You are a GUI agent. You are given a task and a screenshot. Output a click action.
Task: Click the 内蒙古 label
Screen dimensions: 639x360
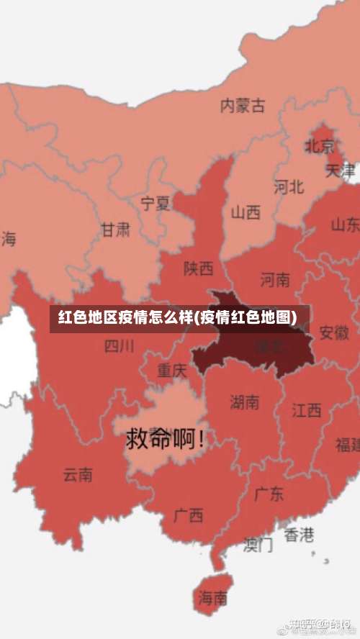click(242, 106)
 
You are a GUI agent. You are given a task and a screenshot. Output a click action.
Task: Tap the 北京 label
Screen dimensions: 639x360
click(319, 146)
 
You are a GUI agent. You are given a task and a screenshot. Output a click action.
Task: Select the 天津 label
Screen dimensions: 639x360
click(340, 171)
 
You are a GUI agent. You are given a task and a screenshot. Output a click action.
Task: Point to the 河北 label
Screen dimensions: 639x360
click(289, 187)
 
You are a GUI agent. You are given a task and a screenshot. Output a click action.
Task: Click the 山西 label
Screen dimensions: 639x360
click(246, 212)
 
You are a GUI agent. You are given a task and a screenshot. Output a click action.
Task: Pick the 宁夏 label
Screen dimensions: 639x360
click(156, 203)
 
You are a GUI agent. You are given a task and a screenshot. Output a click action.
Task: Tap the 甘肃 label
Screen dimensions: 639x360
click(115, 230)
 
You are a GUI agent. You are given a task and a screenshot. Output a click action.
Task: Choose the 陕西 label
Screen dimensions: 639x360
click(198, 268)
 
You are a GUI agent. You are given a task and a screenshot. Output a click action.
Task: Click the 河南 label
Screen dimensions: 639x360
click(275, 278)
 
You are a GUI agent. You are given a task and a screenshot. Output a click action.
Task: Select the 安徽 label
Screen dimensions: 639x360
click(333, 332)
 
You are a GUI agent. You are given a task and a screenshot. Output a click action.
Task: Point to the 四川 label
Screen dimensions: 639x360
click(119, 346)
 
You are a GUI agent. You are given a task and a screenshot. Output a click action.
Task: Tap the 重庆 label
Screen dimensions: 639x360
click(172, 371)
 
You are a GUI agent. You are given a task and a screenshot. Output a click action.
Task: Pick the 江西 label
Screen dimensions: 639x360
click(307, 410)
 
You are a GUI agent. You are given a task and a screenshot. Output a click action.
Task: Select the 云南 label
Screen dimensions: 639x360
click(78, 475)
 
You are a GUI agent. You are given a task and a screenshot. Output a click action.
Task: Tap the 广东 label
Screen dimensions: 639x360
click(269, 494)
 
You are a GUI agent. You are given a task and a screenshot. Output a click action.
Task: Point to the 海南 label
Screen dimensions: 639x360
click(213, 597)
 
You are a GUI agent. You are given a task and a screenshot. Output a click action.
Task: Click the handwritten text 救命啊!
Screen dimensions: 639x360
click(165, 438)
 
